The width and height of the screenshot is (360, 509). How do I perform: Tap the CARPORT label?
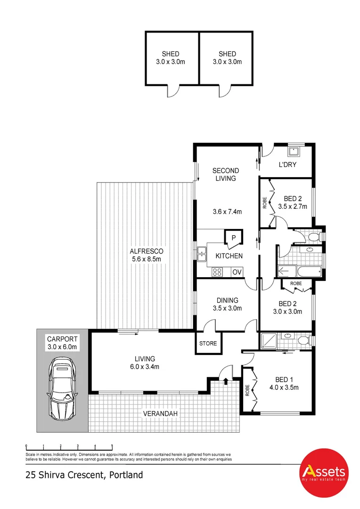click(x=61, y=338)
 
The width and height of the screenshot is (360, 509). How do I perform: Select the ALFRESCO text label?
click(x=147, y=252)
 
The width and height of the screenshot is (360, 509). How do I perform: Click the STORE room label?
click(x=208, y=343)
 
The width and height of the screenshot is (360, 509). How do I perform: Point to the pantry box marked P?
click(x=233, y=237)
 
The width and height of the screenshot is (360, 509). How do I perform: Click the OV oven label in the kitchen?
click(x=237, y=272)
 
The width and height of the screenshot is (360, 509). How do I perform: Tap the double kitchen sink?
click(x=201, y=254)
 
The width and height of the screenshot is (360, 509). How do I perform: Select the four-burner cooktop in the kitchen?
click(x=218, y=272)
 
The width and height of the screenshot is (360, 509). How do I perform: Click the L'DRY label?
click(x=286, y=164)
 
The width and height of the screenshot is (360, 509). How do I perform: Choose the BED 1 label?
click(x=286, y=380)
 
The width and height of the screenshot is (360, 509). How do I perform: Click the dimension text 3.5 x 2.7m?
click(x=292, y=206)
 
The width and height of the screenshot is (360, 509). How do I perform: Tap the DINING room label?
click(x=227, y=300)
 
